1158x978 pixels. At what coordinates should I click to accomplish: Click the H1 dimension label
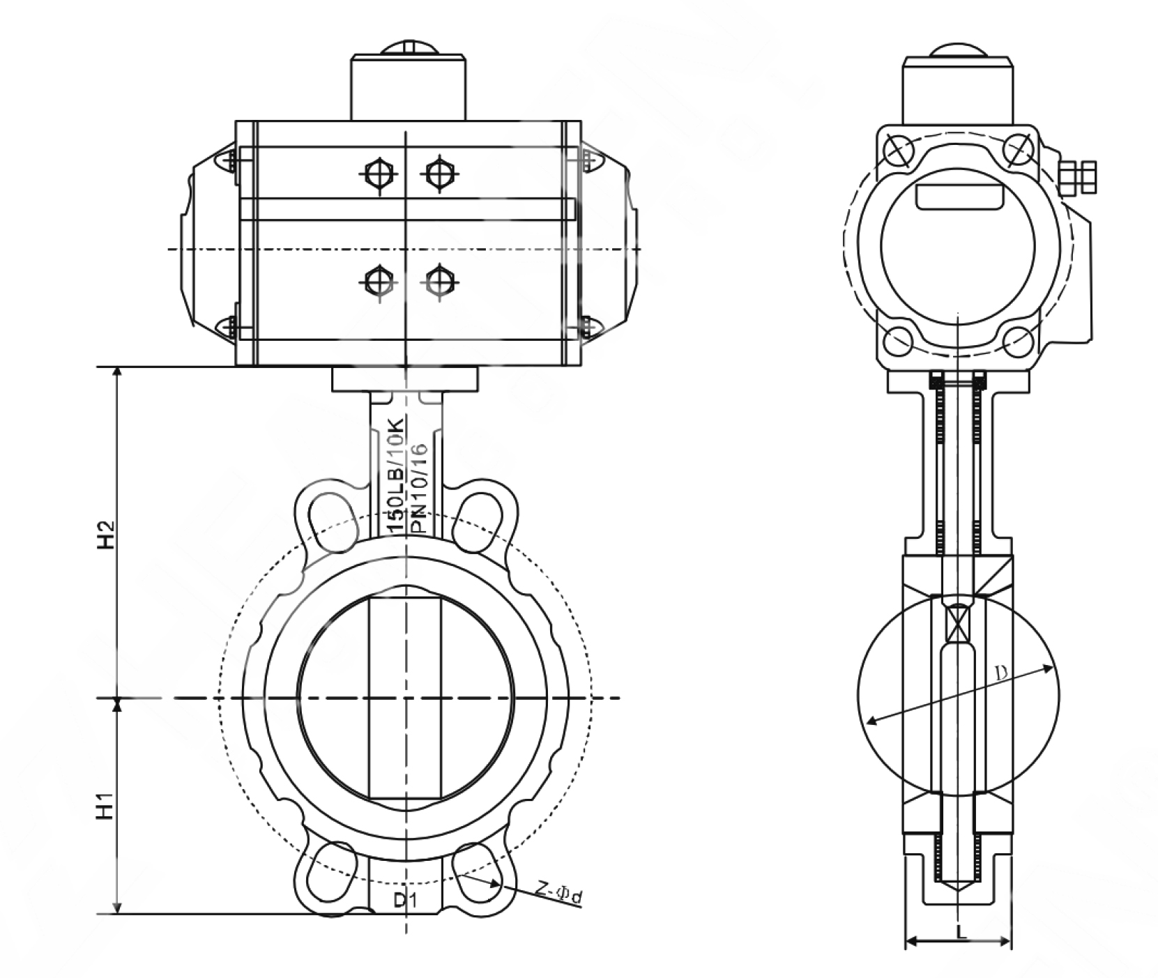coord(105,805)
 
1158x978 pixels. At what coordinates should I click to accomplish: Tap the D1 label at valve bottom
coord(405,900)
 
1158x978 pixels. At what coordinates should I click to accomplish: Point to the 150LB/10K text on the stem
coord(395,474)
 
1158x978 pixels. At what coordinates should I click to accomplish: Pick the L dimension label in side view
coord(961,931)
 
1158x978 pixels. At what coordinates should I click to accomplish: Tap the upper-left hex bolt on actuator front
coord(378,171)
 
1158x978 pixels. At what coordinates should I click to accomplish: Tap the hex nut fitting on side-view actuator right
coord(1076,179)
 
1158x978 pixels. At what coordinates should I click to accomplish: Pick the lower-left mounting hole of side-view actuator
coord(899,341)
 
